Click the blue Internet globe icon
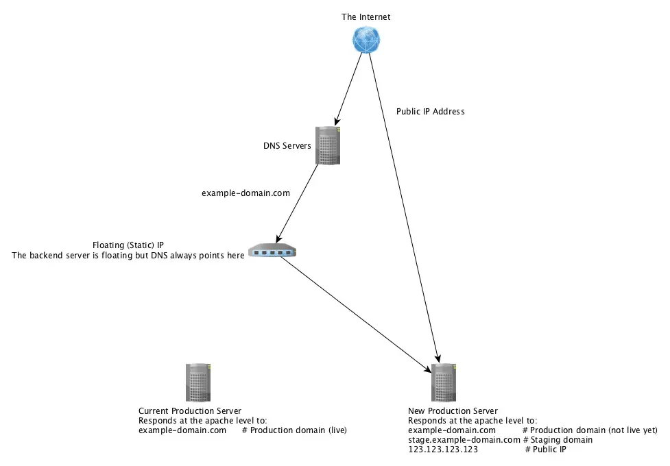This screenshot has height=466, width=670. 367,40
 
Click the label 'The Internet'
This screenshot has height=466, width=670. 366,16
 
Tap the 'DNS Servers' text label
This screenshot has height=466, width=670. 287,146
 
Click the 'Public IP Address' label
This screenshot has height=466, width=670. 431,111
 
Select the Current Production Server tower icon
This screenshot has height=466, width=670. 198,382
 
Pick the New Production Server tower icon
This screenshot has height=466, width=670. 444,382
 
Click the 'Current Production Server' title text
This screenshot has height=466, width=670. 190,411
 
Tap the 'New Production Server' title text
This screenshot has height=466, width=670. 453,411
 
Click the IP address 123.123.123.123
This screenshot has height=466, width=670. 443,450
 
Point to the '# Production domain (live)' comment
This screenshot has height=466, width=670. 294,430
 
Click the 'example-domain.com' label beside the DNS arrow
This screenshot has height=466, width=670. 246,193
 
